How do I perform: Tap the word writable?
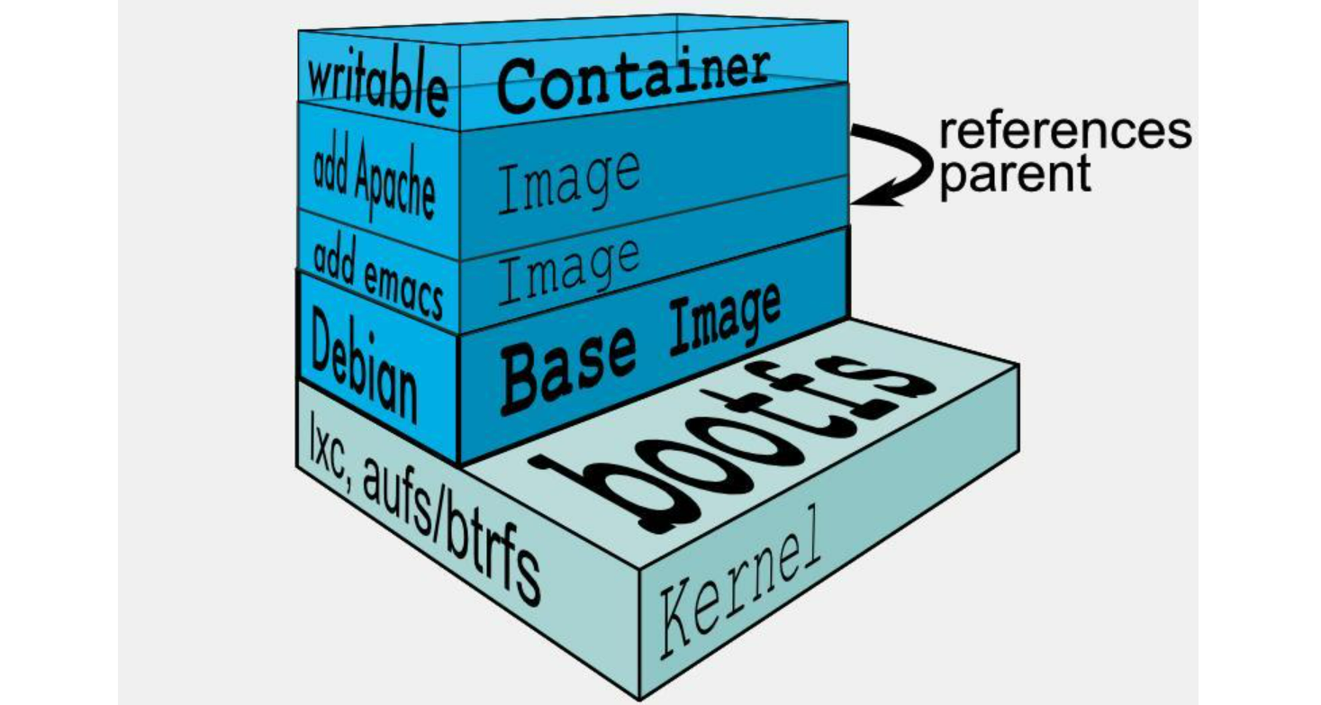pyautogui.click(x=377, y=85)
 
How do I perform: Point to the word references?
pyautogui.click(x=1065, y=132)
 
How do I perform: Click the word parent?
pyautogui.click(x=1015, y=173)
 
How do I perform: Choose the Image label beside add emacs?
pyautogui.click(x=568, y=267)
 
